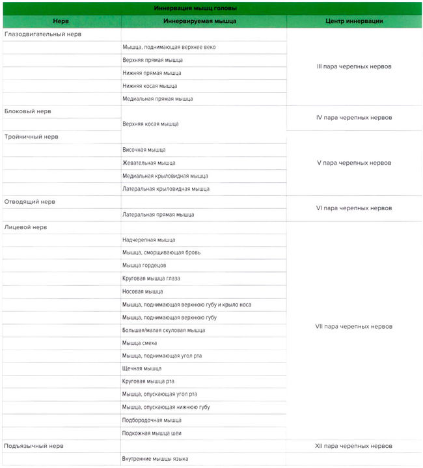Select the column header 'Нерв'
point(61,21)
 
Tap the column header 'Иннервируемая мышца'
point(204,21)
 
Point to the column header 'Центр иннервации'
point(354,21)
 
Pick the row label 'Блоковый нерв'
point(27,111)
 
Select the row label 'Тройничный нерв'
point(31,137)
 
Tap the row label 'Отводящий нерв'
point(30,202)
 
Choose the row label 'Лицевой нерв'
point(26,227)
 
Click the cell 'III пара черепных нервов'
point(354,66)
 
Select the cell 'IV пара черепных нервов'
point(354,118)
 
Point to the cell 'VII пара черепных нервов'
point(354,326)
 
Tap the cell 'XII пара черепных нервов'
point(354,446)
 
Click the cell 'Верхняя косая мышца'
point(150,124)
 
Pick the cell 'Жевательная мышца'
point(148,163)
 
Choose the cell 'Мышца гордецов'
point(144,266)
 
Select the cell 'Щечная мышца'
point(142,368)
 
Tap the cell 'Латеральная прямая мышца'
point(158,214)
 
